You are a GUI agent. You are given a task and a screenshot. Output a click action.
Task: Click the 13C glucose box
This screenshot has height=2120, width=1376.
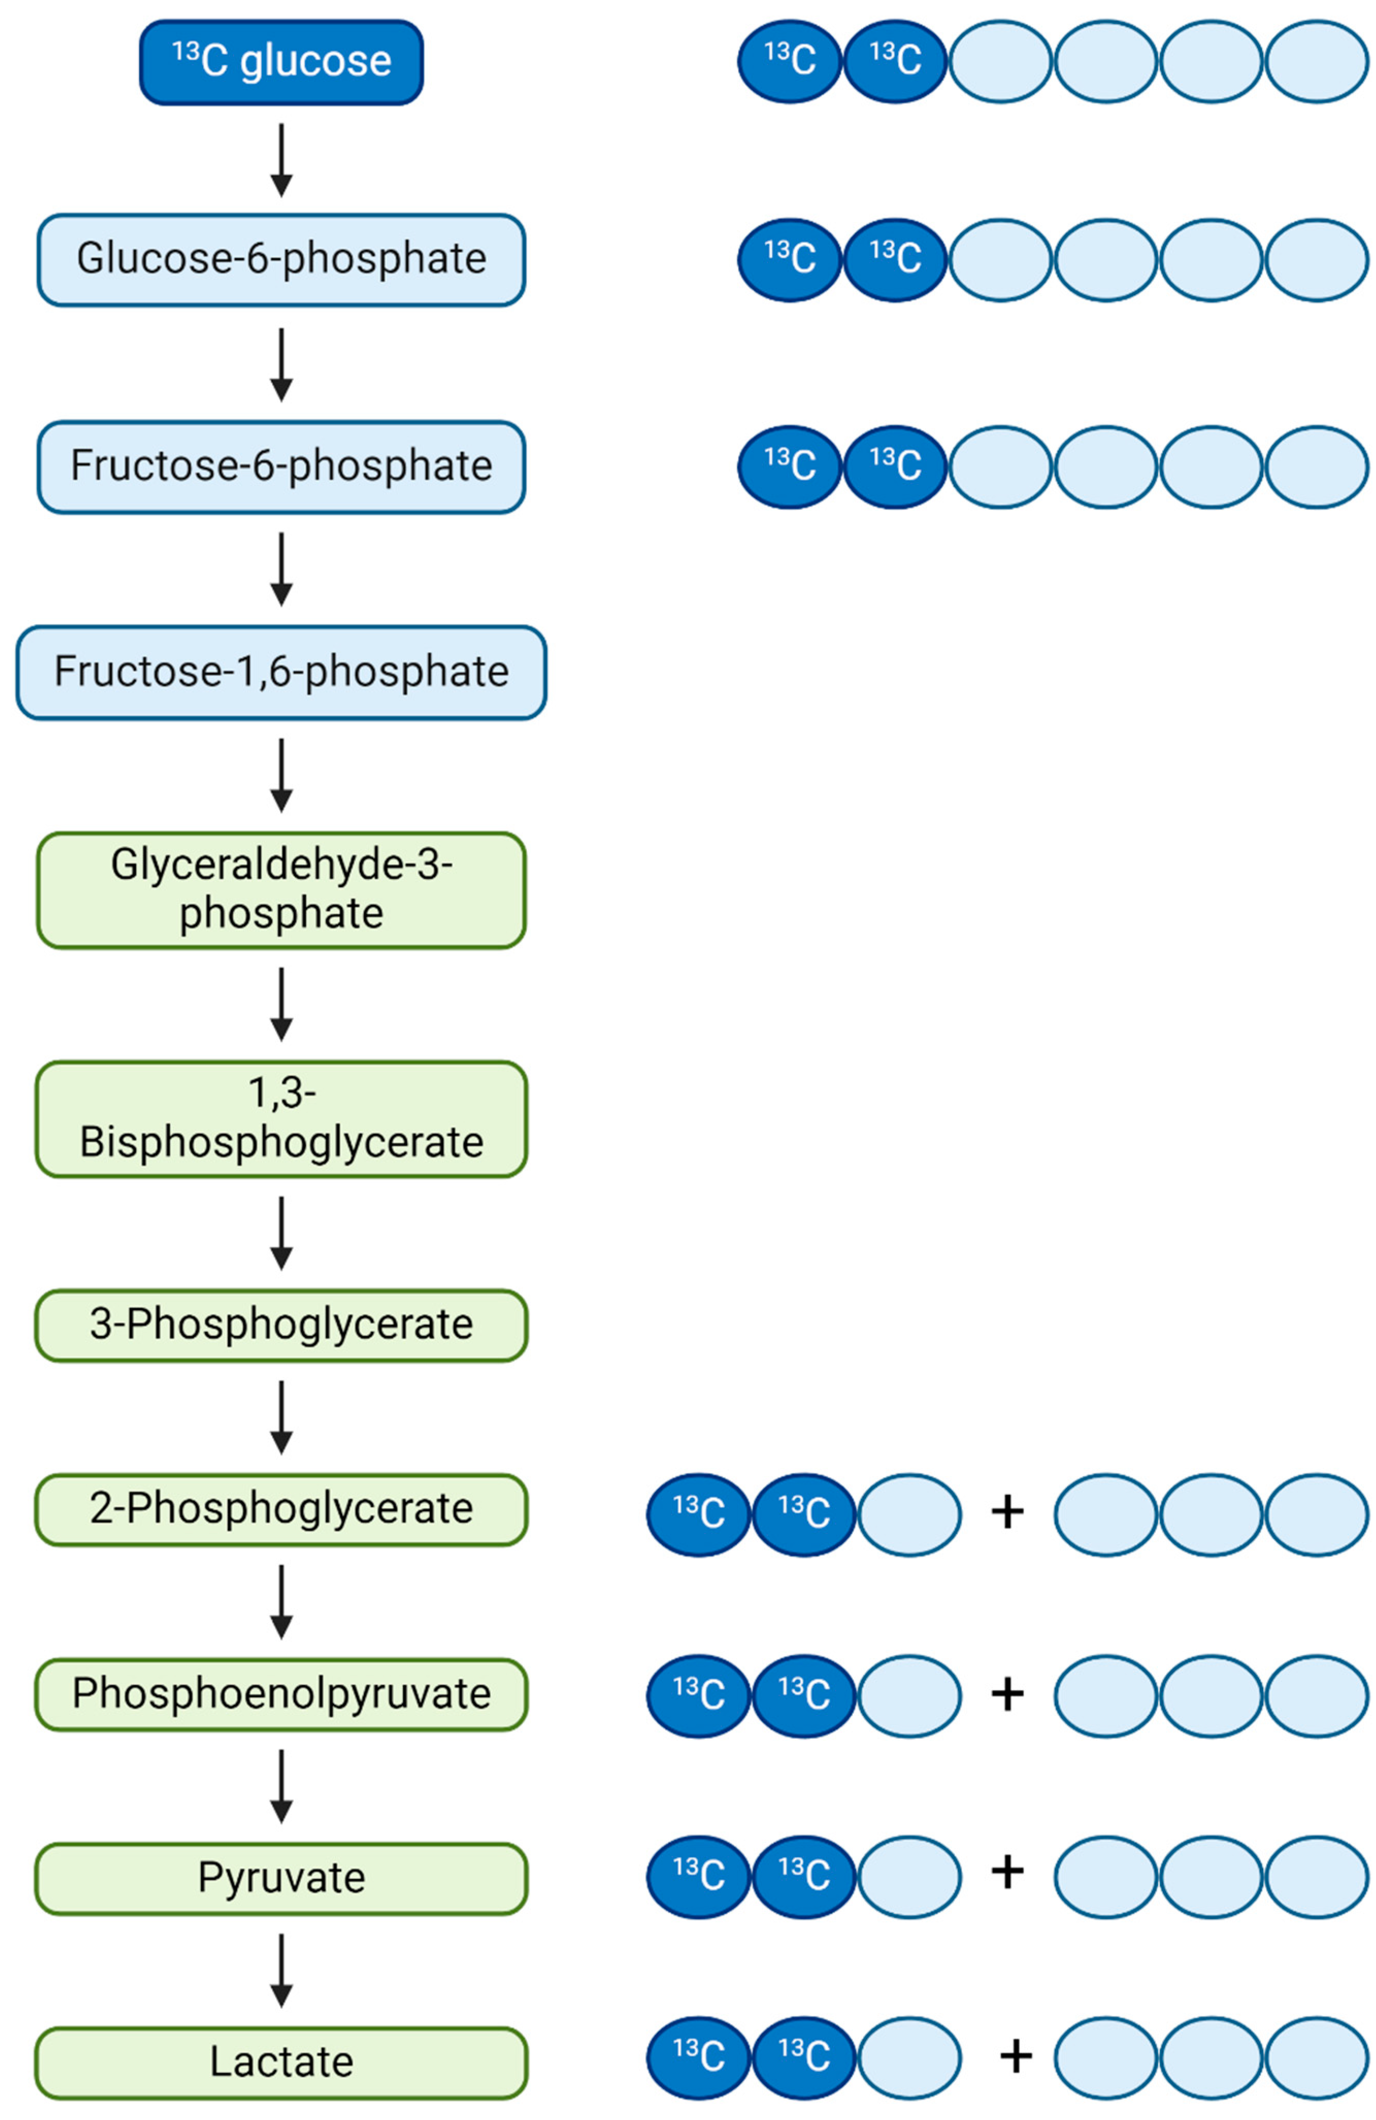280,62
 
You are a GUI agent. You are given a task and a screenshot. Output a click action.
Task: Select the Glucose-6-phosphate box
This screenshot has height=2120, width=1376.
280,259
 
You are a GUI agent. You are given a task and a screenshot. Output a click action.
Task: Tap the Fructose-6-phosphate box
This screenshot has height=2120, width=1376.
280,466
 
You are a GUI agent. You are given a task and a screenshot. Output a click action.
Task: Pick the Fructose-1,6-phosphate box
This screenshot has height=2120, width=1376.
280,671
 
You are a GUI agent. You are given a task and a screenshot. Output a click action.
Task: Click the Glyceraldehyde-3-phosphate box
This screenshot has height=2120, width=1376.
280,889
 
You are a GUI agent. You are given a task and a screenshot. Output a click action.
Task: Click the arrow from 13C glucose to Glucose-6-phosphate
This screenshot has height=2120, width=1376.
281,160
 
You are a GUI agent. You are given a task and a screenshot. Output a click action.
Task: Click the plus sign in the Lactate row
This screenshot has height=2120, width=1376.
1015,2057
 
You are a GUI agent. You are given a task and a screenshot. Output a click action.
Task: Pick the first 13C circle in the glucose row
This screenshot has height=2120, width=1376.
789,61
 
